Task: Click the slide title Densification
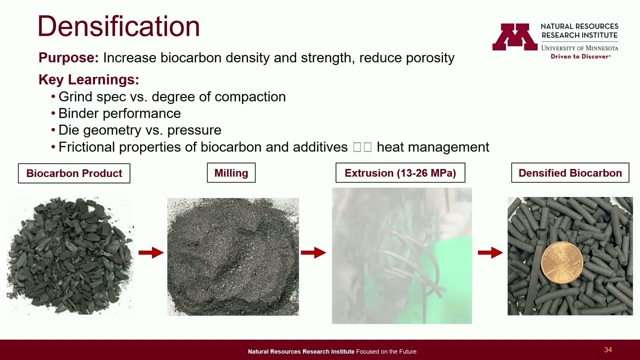118,26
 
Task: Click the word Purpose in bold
68,58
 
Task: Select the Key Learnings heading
88,79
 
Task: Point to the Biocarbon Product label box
74,173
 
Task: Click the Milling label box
231,173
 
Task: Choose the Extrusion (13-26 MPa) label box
400,173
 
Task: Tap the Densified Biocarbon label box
570,173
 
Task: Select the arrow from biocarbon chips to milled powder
150,253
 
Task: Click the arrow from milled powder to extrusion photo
313,253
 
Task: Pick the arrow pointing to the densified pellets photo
490,253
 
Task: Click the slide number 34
608,350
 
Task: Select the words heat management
432,147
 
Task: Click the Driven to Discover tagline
580,56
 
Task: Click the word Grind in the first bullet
74,97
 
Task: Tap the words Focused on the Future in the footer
386,351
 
